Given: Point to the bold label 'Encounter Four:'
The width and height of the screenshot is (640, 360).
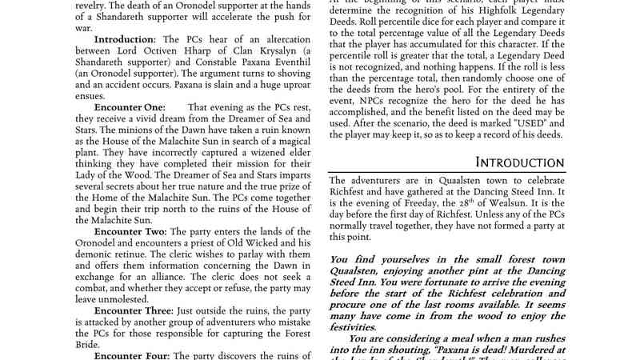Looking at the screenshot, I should (x=132, y=354).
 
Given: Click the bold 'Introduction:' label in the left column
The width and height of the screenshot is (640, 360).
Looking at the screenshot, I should (x=127, y=38).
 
